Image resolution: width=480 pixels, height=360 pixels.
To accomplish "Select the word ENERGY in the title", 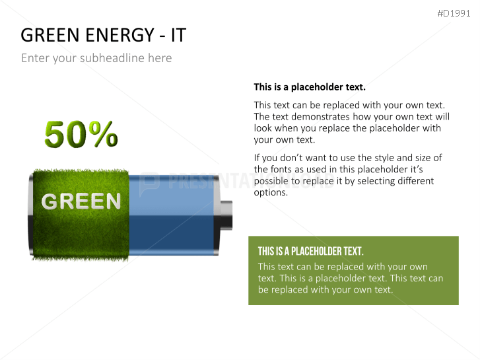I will (119, 35).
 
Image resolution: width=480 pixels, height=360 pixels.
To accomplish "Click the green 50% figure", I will (81, 135).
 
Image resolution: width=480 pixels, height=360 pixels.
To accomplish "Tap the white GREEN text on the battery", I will (81, 201).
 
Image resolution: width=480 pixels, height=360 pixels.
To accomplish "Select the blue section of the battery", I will (173, 215).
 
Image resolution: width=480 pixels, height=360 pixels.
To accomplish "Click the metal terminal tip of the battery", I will (226, 215).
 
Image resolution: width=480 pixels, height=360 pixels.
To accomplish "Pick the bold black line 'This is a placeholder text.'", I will (309, 87).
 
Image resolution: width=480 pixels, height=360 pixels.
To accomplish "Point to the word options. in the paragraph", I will (271, 192).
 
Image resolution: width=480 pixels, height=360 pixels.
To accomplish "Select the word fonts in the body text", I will (283, 169).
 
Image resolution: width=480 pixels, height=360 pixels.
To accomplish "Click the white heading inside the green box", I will (310, 251).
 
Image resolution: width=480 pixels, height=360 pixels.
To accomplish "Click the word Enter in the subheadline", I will (34, 58).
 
